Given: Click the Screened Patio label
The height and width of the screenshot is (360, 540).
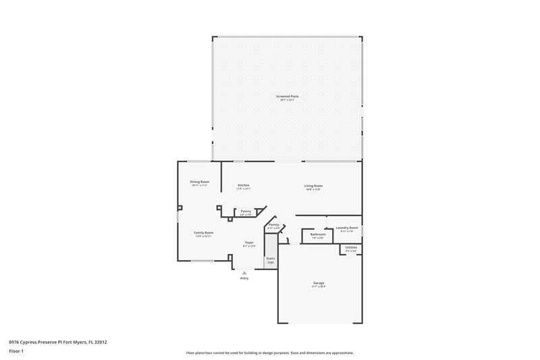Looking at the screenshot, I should [287, 97].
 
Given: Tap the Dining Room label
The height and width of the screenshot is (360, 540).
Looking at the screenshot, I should [199, 182].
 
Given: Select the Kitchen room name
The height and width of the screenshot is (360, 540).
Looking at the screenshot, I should [244, 185].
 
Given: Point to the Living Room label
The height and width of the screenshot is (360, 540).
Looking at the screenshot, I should [313, 186].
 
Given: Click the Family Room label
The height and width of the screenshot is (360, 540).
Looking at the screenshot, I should [203, 232].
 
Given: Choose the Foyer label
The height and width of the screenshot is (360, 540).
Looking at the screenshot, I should [249, 242].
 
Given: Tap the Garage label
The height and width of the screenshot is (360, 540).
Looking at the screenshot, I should [319, 283].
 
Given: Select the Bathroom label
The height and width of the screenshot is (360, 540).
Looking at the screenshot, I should [317, 234].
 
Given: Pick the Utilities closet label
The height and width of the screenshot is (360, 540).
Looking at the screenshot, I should [351, 248].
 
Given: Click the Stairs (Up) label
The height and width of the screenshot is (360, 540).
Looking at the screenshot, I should [271, 259].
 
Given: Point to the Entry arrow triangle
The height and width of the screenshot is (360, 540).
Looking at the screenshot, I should [244, 273].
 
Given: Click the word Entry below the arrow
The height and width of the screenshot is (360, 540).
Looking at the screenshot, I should [244, 278].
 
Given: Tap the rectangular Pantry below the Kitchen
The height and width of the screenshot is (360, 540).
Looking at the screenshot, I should [246, 211].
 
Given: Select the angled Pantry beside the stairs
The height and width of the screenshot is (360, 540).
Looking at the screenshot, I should [274, 225].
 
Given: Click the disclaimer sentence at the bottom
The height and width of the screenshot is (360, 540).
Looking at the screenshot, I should [269, 353].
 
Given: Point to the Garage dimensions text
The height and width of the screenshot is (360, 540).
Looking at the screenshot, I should [319, 287].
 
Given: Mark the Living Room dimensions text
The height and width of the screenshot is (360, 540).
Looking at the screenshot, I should [313, 190].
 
